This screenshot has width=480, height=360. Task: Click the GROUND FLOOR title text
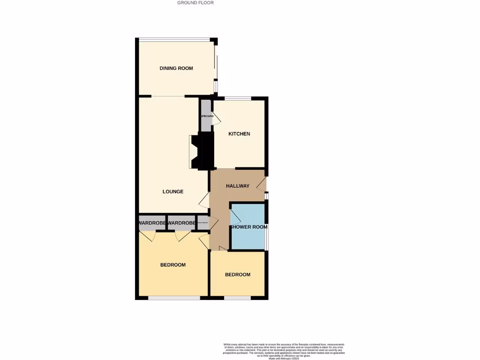195,3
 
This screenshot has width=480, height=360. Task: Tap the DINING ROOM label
176,68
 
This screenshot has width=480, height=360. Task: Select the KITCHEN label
239,134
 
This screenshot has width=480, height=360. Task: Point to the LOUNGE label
173,192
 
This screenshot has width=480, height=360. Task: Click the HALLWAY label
238,186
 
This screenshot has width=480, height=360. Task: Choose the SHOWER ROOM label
248,227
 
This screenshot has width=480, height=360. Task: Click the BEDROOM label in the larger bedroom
173,265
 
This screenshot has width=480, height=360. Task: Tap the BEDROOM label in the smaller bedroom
238,275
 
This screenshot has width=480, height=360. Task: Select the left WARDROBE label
152,223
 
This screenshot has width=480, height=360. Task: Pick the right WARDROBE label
181,223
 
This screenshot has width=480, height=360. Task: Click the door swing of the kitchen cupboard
216,120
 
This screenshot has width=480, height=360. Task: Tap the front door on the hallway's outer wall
262,183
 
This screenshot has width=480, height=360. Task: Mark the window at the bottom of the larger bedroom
174,298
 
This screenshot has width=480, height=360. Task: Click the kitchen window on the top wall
238,98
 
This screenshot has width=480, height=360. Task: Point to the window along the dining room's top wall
174,39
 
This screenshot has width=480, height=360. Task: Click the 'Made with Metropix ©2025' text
284,358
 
